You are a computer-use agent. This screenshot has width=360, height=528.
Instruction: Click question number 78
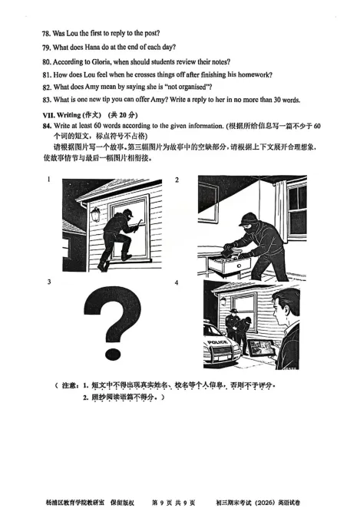[x=48, y=33]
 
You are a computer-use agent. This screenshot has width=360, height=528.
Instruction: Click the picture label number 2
[x=177, y=180]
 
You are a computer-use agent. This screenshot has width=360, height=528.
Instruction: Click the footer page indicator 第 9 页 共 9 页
[x=174, y=503]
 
